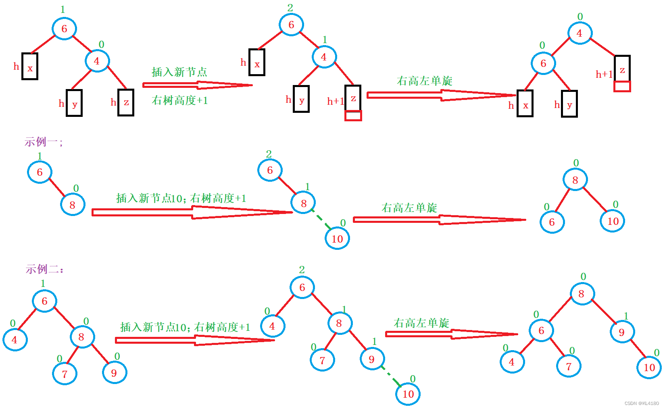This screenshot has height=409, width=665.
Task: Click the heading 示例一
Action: tap(43, 142)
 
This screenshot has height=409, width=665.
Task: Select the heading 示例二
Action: tap(44, 269)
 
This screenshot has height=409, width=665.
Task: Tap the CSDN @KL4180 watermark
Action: tap(642, 403)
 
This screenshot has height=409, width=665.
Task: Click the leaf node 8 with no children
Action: tap(73, 205)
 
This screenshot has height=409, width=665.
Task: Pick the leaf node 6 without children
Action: tap(552, 222)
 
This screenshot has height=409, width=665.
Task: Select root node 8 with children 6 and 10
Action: tap(575, 180)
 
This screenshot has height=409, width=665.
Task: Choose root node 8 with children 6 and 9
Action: tap(581, 294)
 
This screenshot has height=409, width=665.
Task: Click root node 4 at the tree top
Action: tap(580, 33)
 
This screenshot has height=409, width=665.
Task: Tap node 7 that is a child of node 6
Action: tap(569, 366)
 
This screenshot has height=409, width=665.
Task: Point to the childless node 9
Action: tap(114, 373)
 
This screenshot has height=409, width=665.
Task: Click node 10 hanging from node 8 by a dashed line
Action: tap(337, 239)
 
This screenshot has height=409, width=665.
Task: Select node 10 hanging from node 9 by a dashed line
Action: tap(408, 394)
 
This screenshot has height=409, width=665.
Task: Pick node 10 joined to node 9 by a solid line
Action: tap(649, 367)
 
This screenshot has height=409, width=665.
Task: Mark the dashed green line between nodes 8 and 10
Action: tap(321, 220)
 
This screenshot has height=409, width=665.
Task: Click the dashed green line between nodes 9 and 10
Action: tap(390, 376)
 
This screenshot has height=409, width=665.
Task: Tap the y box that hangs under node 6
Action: tap(569, 104)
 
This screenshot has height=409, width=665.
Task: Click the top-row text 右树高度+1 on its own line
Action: tap(180, 100)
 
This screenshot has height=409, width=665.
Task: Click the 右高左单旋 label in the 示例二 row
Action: tap(421, 323)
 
